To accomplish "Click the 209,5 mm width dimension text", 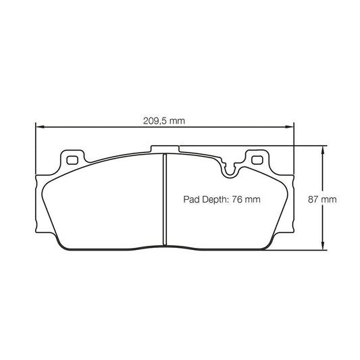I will [x=164, y=122].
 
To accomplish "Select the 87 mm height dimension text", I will [x=322, y=200].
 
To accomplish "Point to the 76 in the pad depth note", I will [x=238, y=200].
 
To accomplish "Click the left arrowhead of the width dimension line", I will [x=39, y=126].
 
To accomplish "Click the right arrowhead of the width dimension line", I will [x=290, y=126].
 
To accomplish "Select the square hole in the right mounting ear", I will [x=256, y=160].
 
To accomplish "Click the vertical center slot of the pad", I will [x=164, y=199].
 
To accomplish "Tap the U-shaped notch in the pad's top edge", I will [x=230, y=170].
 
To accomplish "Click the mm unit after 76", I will [x=253, y=200].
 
